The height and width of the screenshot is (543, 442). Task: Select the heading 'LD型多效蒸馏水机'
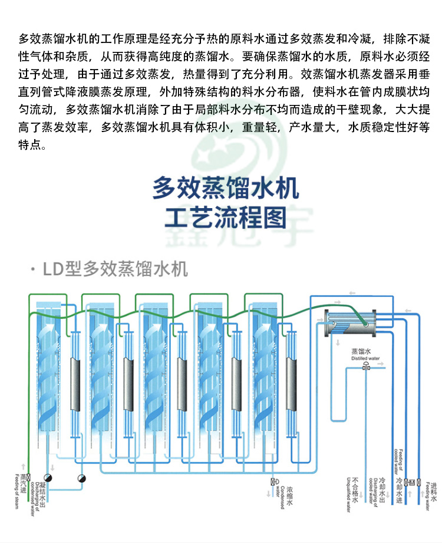click(115, 269)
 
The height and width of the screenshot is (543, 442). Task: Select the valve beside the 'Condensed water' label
click(272, 482)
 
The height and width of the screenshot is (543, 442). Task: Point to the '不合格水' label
click(355, 492)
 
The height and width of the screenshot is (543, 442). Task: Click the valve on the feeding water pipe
click(419, 482)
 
